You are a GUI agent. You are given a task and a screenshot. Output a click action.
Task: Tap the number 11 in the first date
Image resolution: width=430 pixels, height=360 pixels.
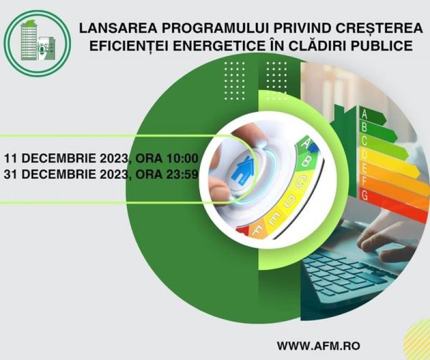click(10, 159)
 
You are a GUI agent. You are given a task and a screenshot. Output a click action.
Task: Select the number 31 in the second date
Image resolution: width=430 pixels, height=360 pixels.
click(10, 175)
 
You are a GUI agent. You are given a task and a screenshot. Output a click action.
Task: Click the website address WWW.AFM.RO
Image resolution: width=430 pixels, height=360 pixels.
click(318, 345)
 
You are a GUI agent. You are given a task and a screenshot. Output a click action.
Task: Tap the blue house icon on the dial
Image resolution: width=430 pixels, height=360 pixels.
click(242, 169)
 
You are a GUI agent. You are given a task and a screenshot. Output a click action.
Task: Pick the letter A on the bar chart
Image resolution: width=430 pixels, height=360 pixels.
click(364, 114)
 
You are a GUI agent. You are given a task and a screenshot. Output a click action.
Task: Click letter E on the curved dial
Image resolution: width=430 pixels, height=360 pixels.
click(275, 219)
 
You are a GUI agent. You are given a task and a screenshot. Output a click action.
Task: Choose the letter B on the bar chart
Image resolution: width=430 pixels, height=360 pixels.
click(364, 127)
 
